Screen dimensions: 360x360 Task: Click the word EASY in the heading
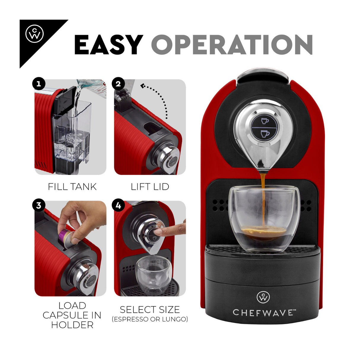pyautogui.click(x=108, y=45)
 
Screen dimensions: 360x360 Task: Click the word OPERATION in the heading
pyautogui.click(x=232, y=45)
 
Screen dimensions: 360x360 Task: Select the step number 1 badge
pyautogui.click(x=39, y=84)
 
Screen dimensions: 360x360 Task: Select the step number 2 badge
pyautogui.click(x=118, y=84)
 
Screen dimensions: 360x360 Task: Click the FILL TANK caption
pyautogui.click(x=72, y=187)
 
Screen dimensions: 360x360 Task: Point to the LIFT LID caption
pyautogui.click(x=150, y=187)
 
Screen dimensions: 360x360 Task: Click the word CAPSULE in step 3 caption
pyautogui.click(x=72, y=315)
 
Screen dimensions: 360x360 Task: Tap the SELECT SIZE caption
pyautogui.click(x=150, y=310)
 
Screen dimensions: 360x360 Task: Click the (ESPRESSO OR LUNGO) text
pyautogui.click(x=150, y=319)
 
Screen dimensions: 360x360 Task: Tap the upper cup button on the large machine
pyautogui.click(x=265, y=121)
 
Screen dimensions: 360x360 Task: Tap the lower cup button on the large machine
pyautogui.click(x=265, y=134)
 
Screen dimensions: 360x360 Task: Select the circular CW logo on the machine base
pyautogui.click(x=263, y=297)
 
